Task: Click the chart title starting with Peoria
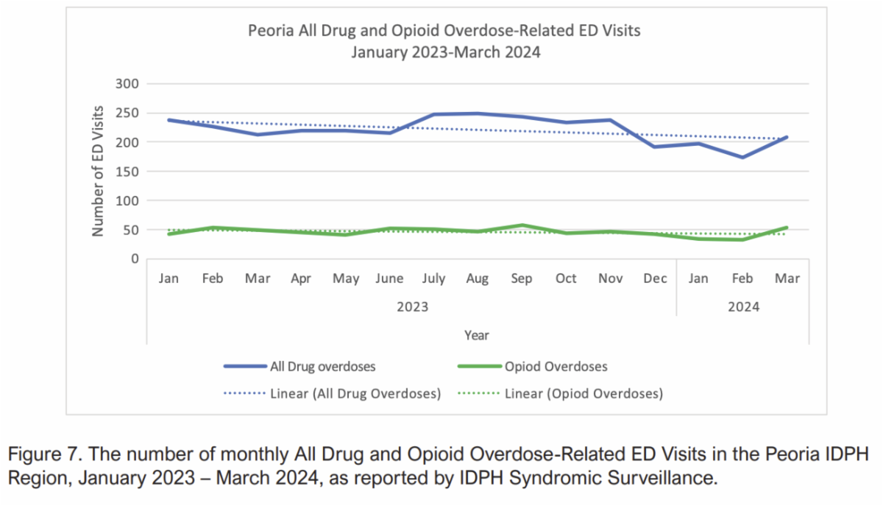(445, 32)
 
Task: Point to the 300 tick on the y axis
(127, 84)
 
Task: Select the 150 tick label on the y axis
(127, 172)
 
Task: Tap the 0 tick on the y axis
(134, 259)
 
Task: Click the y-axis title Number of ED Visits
(97, 171)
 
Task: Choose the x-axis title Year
(476, 335)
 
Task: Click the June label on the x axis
(389, 279)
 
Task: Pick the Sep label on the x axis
(522, 279)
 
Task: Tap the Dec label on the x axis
(654, 279)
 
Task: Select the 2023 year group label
(412, 306)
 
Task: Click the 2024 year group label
(743, 306)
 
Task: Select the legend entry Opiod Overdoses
(556, 366)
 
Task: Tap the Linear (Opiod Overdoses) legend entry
(583, 394)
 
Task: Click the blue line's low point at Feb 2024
(742, 157)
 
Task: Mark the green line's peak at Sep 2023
(522, 225)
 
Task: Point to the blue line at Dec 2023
(654, 147)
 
